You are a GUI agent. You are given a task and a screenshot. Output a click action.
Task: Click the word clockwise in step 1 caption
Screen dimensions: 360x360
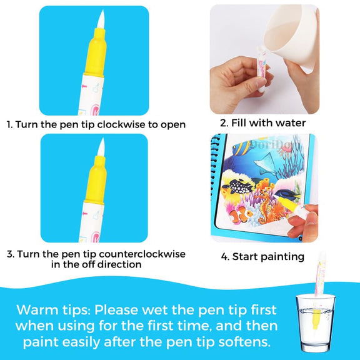tap(130, 124)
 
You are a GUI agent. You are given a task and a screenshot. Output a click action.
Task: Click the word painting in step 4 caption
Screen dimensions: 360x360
tap(282, 256)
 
